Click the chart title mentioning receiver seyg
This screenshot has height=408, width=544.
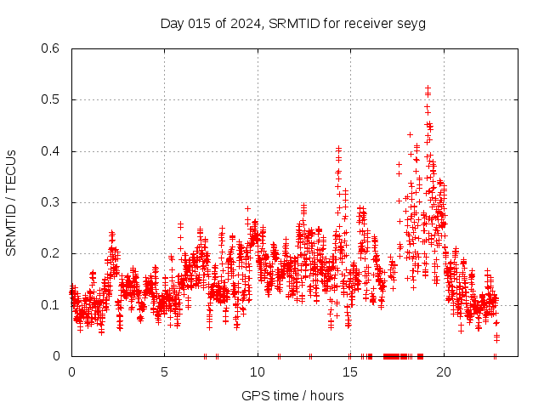click(x=292, y=23)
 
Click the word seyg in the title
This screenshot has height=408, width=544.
click(x=410, y=23)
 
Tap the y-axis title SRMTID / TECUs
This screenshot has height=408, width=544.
click(x=11, y=202)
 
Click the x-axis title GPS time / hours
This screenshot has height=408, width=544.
click(x=292, y=395)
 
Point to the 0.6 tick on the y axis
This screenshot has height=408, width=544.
click(x=53, y=48)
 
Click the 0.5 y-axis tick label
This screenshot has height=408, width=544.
click(x=53, y=99)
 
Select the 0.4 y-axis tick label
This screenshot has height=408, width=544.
click(x=53, y=151)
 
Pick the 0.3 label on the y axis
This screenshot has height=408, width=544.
click(x=53, y=202)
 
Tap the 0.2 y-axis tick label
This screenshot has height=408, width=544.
click(x=53, y=253)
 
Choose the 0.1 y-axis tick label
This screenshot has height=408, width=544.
click(x=53, y=305)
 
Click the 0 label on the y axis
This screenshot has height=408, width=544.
click(x=57, y=356)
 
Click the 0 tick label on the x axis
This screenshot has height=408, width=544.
click(x=71, y=371)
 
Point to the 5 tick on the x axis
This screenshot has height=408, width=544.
click(x=165, y=371)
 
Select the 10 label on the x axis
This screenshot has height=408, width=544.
click(x=258, y=371)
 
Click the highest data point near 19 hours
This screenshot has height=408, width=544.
click(x=428, y=88)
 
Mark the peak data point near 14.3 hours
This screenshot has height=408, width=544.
click(x=338, y=149)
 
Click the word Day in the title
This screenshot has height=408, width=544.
click(x=172, y=23)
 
